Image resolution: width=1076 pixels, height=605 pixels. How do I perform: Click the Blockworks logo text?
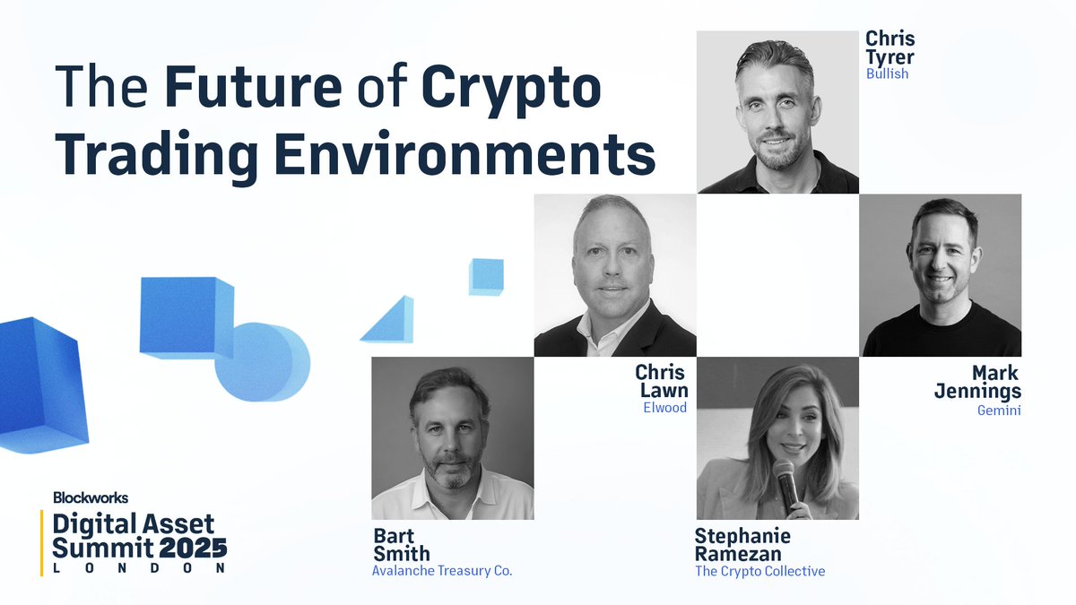pos(91,497)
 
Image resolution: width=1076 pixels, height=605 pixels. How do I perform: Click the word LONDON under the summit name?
pos(139,568)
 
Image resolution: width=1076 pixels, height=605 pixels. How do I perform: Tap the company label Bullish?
pos(887,73)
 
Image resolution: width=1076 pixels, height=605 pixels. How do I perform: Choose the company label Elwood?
pos(664,407)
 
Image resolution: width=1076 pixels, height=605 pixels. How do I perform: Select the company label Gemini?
pos(999,411)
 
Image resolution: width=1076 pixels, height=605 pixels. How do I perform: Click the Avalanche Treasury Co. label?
pos(442,571)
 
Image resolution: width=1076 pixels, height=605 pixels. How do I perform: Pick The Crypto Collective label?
pos(759,571)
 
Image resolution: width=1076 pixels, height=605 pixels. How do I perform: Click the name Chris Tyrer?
pos(889,48)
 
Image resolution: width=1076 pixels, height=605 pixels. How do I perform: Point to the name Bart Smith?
pos(402,545)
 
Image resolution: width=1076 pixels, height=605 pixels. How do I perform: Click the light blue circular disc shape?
pos(264,362)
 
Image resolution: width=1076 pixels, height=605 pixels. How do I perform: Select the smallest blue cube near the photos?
pos(486,276)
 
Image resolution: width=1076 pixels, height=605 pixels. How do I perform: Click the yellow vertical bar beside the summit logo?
pos(43,541)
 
